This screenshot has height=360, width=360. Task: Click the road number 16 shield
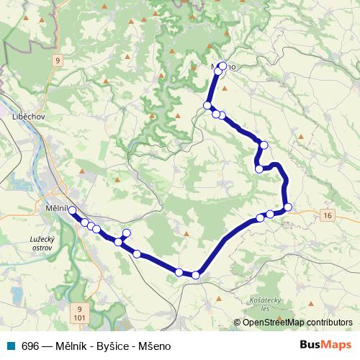click(328, 215)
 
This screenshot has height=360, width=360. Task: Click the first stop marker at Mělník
click(72, 210)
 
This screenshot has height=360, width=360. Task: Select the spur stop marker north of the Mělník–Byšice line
click(127, 233)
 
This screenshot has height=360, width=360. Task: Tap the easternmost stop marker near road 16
click(288, 207)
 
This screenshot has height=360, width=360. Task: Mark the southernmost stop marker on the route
click(195, 274)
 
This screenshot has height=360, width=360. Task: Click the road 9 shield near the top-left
click(57, 60)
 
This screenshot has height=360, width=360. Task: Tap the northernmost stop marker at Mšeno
click(222, 66)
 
